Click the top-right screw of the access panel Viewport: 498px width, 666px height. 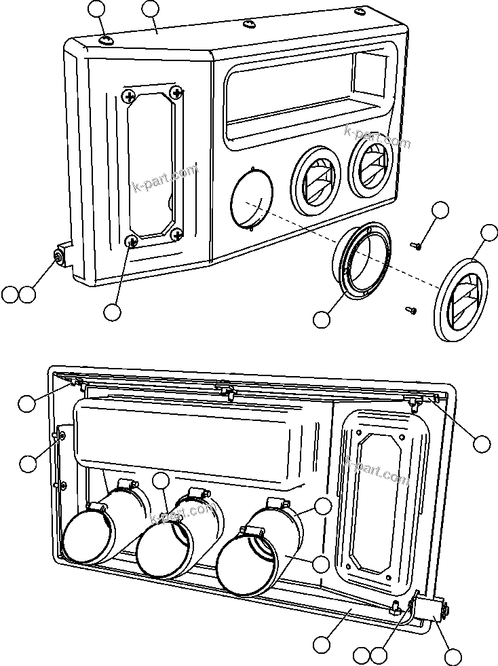point(178,92)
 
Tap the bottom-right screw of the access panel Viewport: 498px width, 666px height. point(177,234)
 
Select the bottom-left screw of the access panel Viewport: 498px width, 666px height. point(132,240)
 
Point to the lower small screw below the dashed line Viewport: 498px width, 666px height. point(410,310)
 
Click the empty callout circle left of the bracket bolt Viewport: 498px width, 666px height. point(9,295)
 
